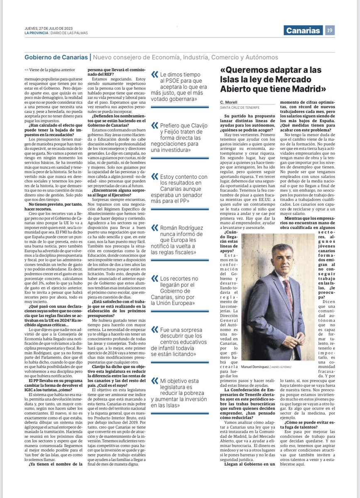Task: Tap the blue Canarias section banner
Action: tap(304, 30)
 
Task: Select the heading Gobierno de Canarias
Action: tap(56, 57)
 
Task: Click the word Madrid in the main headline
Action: tap(301, 89)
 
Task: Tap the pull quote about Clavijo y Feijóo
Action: tap(181, 137)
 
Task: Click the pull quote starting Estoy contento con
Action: tap(181, 189)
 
